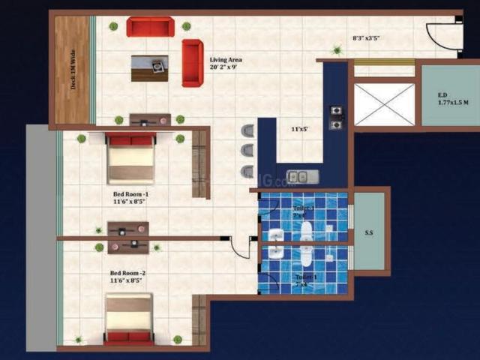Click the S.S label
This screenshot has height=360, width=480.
pos(369,233)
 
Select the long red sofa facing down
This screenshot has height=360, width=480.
pos(150,27)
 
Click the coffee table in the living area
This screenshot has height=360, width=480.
pos(149,67)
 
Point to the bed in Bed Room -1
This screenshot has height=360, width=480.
pos(130,158)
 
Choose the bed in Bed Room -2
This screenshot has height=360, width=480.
pos(128,318)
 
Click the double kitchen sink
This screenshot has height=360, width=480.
pos(301,178)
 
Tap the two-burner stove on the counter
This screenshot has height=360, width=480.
pos(336,118)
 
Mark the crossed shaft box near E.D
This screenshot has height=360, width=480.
pos(383,103)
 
